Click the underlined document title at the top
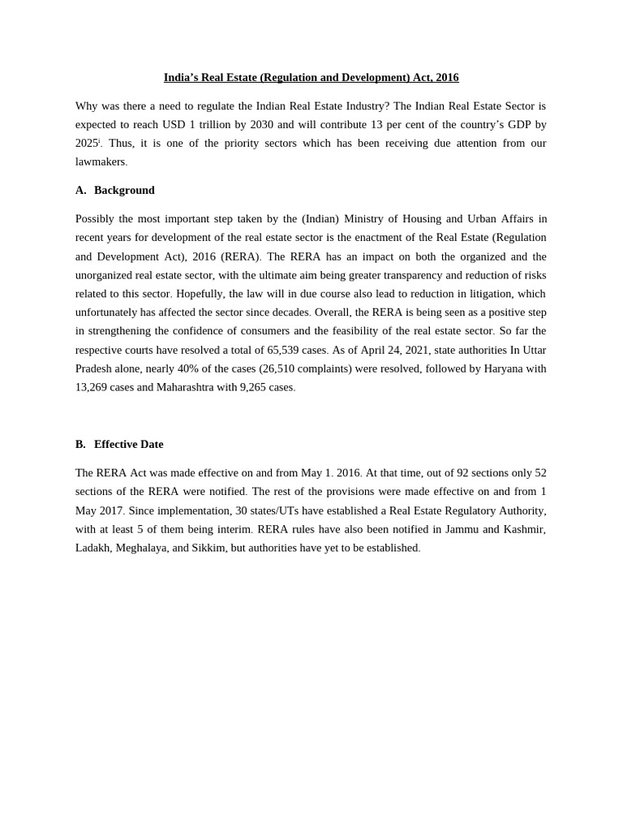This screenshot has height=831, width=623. [311, 77]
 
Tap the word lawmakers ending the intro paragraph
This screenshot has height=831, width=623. [101, 161]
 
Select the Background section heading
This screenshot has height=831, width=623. [124, 190]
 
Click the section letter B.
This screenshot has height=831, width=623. [80, 444]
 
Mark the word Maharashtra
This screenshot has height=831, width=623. [185, 387]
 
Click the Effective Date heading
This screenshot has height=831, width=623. [128, 444]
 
